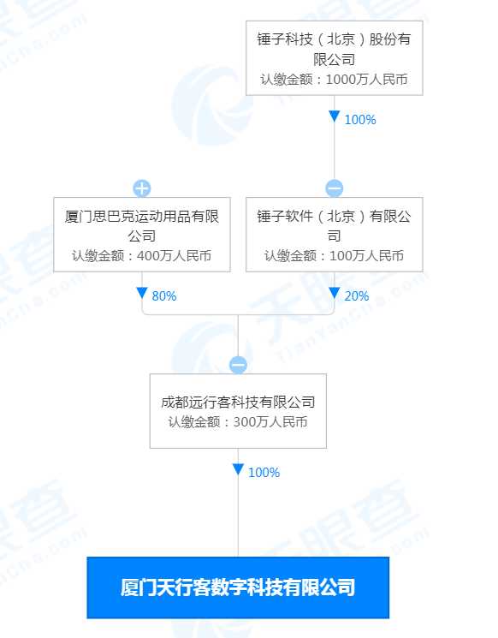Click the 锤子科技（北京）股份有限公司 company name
[335, 49]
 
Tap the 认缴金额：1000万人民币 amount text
[335, 80]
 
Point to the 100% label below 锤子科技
[360, 120]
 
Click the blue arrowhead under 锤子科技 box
[335, 116]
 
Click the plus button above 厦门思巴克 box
[142, 188]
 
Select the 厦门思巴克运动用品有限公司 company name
[142, 226]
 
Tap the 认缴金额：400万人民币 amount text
[142, 256]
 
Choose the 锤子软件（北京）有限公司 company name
[335, 226]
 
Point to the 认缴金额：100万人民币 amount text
[335, 256]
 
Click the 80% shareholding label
[164, 296]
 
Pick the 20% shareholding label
[357, 296]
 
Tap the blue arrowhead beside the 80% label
[142, 293]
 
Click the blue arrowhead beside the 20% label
[335, 293]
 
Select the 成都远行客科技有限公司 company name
[238, 402]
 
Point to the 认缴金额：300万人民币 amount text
[238, 422]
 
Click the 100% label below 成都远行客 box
[264, 473]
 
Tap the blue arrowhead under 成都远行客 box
[238, 469]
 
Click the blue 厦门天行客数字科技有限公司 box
[238, 587]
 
